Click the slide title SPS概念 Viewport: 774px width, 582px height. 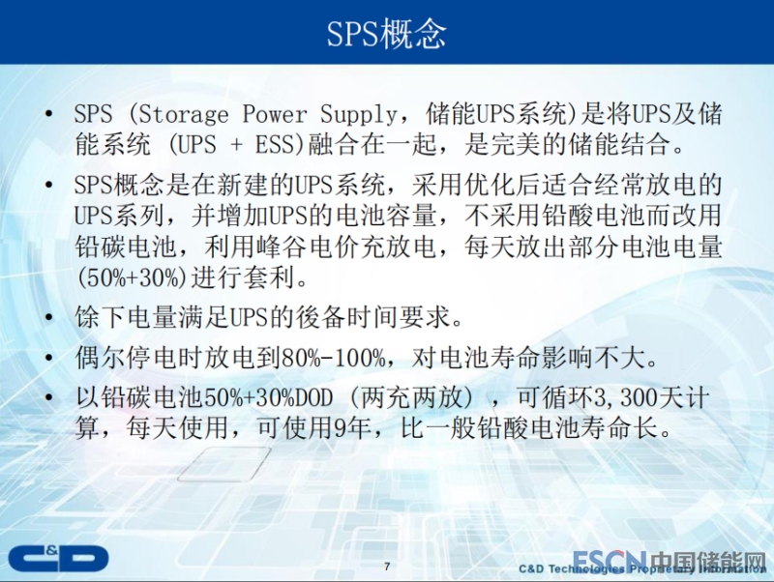[386, 34]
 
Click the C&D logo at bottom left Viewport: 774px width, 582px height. [58, 559]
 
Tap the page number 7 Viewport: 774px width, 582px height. [387, 567]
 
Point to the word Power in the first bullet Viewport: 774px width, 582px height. [275, 114]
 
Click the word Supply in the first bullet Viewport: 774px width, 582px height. [358, 114]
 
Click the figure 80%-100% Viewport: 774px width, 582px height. [333, 358]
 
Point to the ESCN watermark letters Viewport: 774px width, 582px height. [609, 561]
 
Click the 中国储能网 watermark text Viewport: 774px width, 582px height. [707, 561]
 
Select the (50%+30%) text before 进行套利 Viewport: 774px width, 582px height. [132, 277]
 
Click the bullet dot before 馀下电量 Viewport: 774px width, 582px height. [48, 317]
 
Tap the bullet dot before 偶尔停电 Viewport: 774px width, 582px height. [48, 358]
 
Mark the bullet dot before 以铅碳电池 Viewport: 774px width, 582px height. [48, 397]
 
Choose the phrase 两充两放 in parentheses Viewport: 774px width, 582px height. [411, 397]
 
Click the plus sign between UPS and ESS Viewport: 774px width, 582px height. [235, 145]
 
